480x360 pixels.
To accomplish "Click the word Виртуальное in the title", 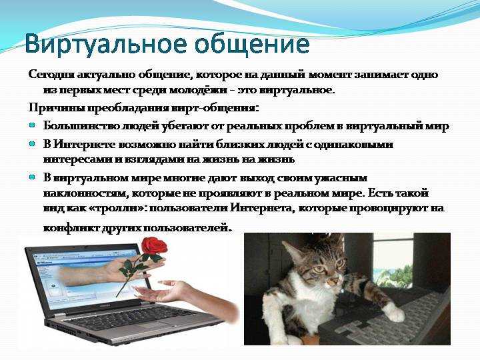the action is pyautogui.click(x=106, y=45).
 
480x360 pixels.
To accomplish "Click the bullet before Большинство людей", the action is pyautogui.click(x=32, y=125).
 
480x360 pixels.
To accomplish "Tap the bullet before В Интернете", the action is pyautogui.click(x=32, y=143).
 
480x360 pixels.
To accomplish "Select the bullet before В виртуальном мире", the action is pyautogui.click(x=32, y=177).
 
